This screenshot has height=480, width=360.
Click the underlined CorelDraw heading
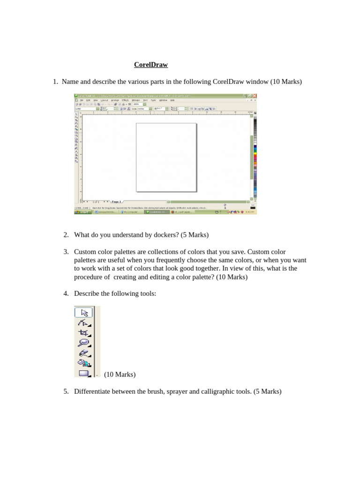(151, 65)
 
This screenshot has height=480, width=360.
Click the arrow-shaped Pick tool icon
(84, 312)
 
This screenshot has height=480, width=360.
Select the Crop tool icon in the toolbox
(84, 333)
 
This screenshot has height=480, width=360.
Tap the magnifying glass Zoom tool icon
(84, 343)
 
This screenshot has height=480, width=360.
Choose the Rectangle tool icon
(84, 373)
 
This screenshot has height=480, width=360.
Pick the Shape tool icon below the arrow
(84, 322)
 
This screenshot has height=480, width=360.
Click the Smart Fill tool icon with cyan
(84, 363)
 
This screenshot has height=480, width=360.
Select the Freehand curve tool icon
(84, 353)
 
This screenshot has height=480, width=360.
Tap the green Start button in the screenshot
(83, 212)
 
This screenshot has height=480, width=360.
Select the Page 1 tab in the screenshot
(117, 201)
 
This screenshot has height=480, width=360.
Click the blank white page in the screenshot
(166, 157)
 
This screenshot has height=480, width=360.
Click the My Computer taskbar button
(131, 212)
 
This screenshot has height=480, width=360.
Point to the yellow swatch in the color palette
(255, 150)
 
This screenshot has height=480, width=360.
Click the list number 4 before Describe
(66, 293)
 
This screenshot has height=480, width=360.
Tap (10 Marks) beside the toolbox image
(120, 375)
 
